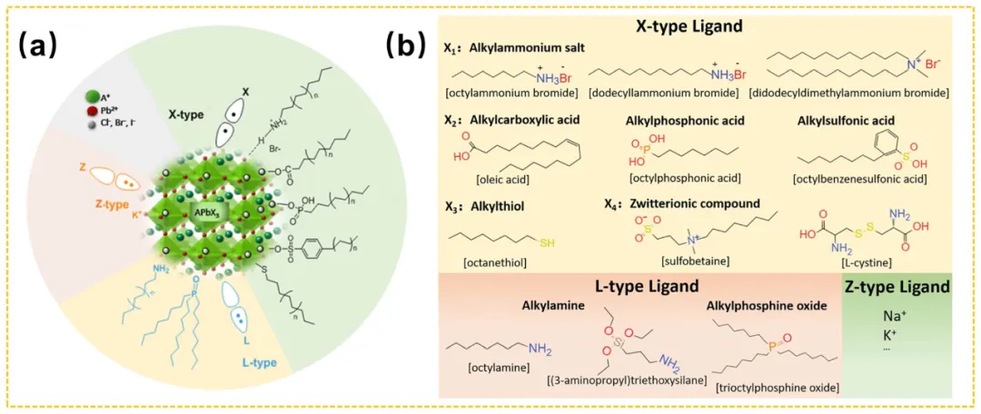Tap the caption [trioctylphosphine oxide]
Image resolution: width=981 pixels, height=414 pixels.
[x=777, y=388]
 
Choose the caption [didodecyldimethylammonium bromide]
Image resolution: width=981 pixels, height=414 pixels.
[x=849, y=94]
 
